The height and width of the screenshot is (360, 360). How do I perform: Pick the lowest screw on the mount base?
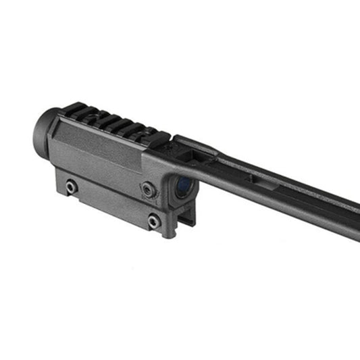pos(155,220)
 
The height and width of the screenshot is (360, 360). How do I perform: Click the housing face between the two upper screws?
pos(108,179)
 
